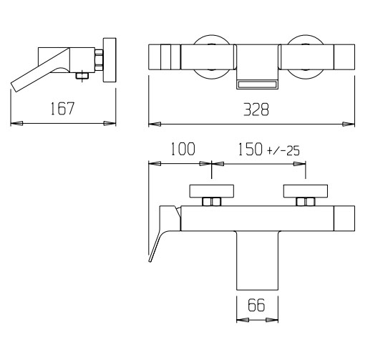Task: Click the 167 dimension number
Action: (62, 108)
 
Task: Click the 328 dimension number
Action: (256, 110)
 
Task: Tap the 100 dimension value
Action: (183, 149)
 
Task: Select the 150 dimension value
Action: (250, 149)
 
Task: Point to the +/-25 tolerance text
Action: (283, 151)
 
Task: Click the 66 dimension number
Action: (256, 305)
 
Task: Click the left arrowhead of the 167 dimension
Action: (16, 123)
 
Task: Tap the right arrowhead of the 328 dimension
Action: (349, 125)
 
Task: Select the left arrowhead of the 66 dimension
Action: (243, 320)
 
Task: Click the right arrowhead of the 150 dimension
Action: (299, 164)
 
